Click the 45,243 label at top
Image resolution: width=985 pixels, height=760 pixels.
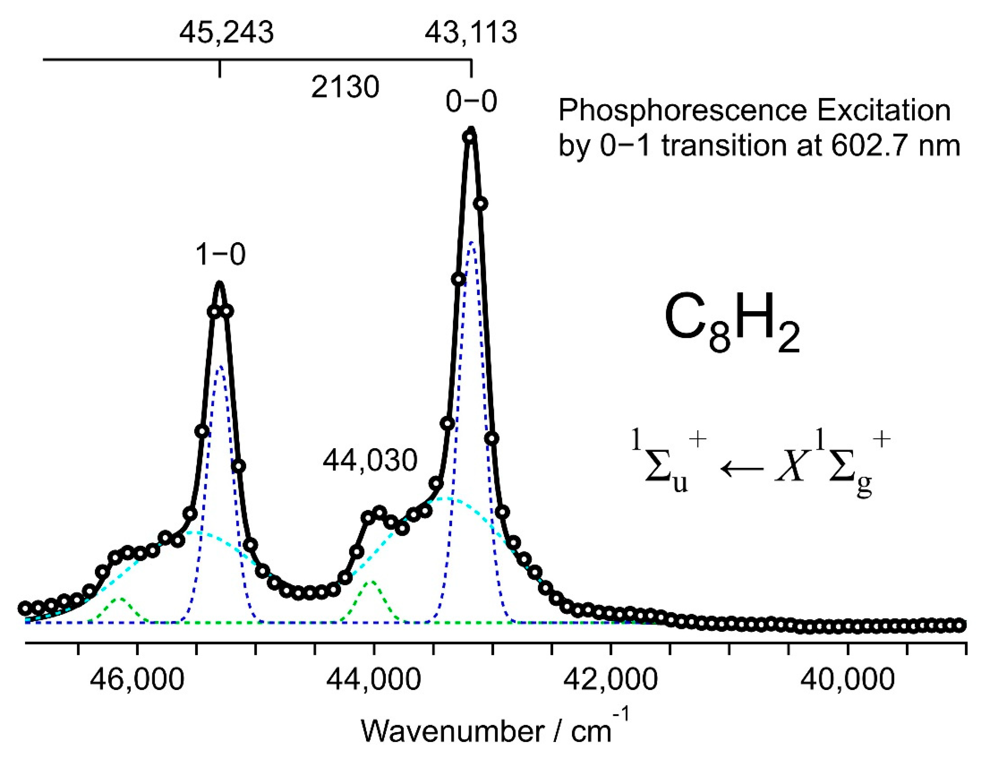coord(227,33)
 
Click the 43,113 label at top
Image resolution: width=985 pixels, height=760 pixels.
coord(471,33)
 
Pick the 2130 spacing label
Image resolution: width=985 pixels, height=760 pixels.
coord(345,87)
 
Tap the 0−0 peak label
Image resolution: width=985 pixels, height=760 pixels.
coord(471,101)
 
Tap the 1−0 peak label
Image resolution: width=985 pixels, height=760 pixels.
coord(220,255)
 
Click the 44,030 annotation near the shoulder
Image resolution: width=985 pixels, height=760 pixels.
coord(370,461)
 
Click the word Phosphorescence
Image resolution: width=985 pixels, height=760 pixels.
coord(682,111)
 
